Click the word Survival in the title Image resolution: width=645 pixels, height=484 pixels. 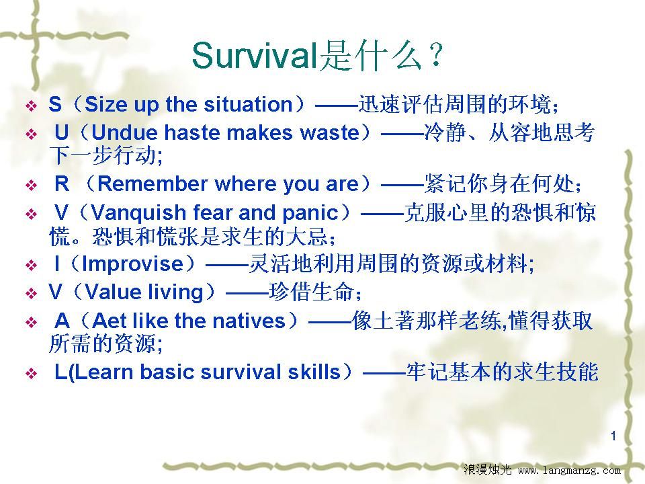[x=254, y=56]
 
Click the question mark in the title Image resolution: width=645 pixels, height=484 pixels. [x=435, y=56]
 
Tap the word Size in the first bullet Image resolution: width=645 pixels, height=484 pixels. [x=106, y=105]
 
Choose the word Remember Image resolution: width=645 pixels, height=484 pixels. [x=152, y=184]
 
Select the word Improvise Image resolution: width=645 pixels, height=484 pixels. [x=133, y=264]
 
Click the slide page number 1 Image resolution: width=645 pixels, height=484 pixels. [x=613, y=436]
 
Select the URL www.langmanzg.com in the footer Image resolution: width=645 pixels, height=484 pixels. [x=569, y=471]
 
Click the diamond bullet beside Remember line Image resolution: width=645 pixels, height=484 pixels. [x=32, y=186]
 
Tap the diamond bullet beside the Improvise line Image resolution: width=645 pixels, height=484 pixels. [x=32, y=265]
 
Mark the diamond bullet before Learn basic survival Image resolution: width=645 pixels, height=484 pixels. [x=32, y=373]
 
